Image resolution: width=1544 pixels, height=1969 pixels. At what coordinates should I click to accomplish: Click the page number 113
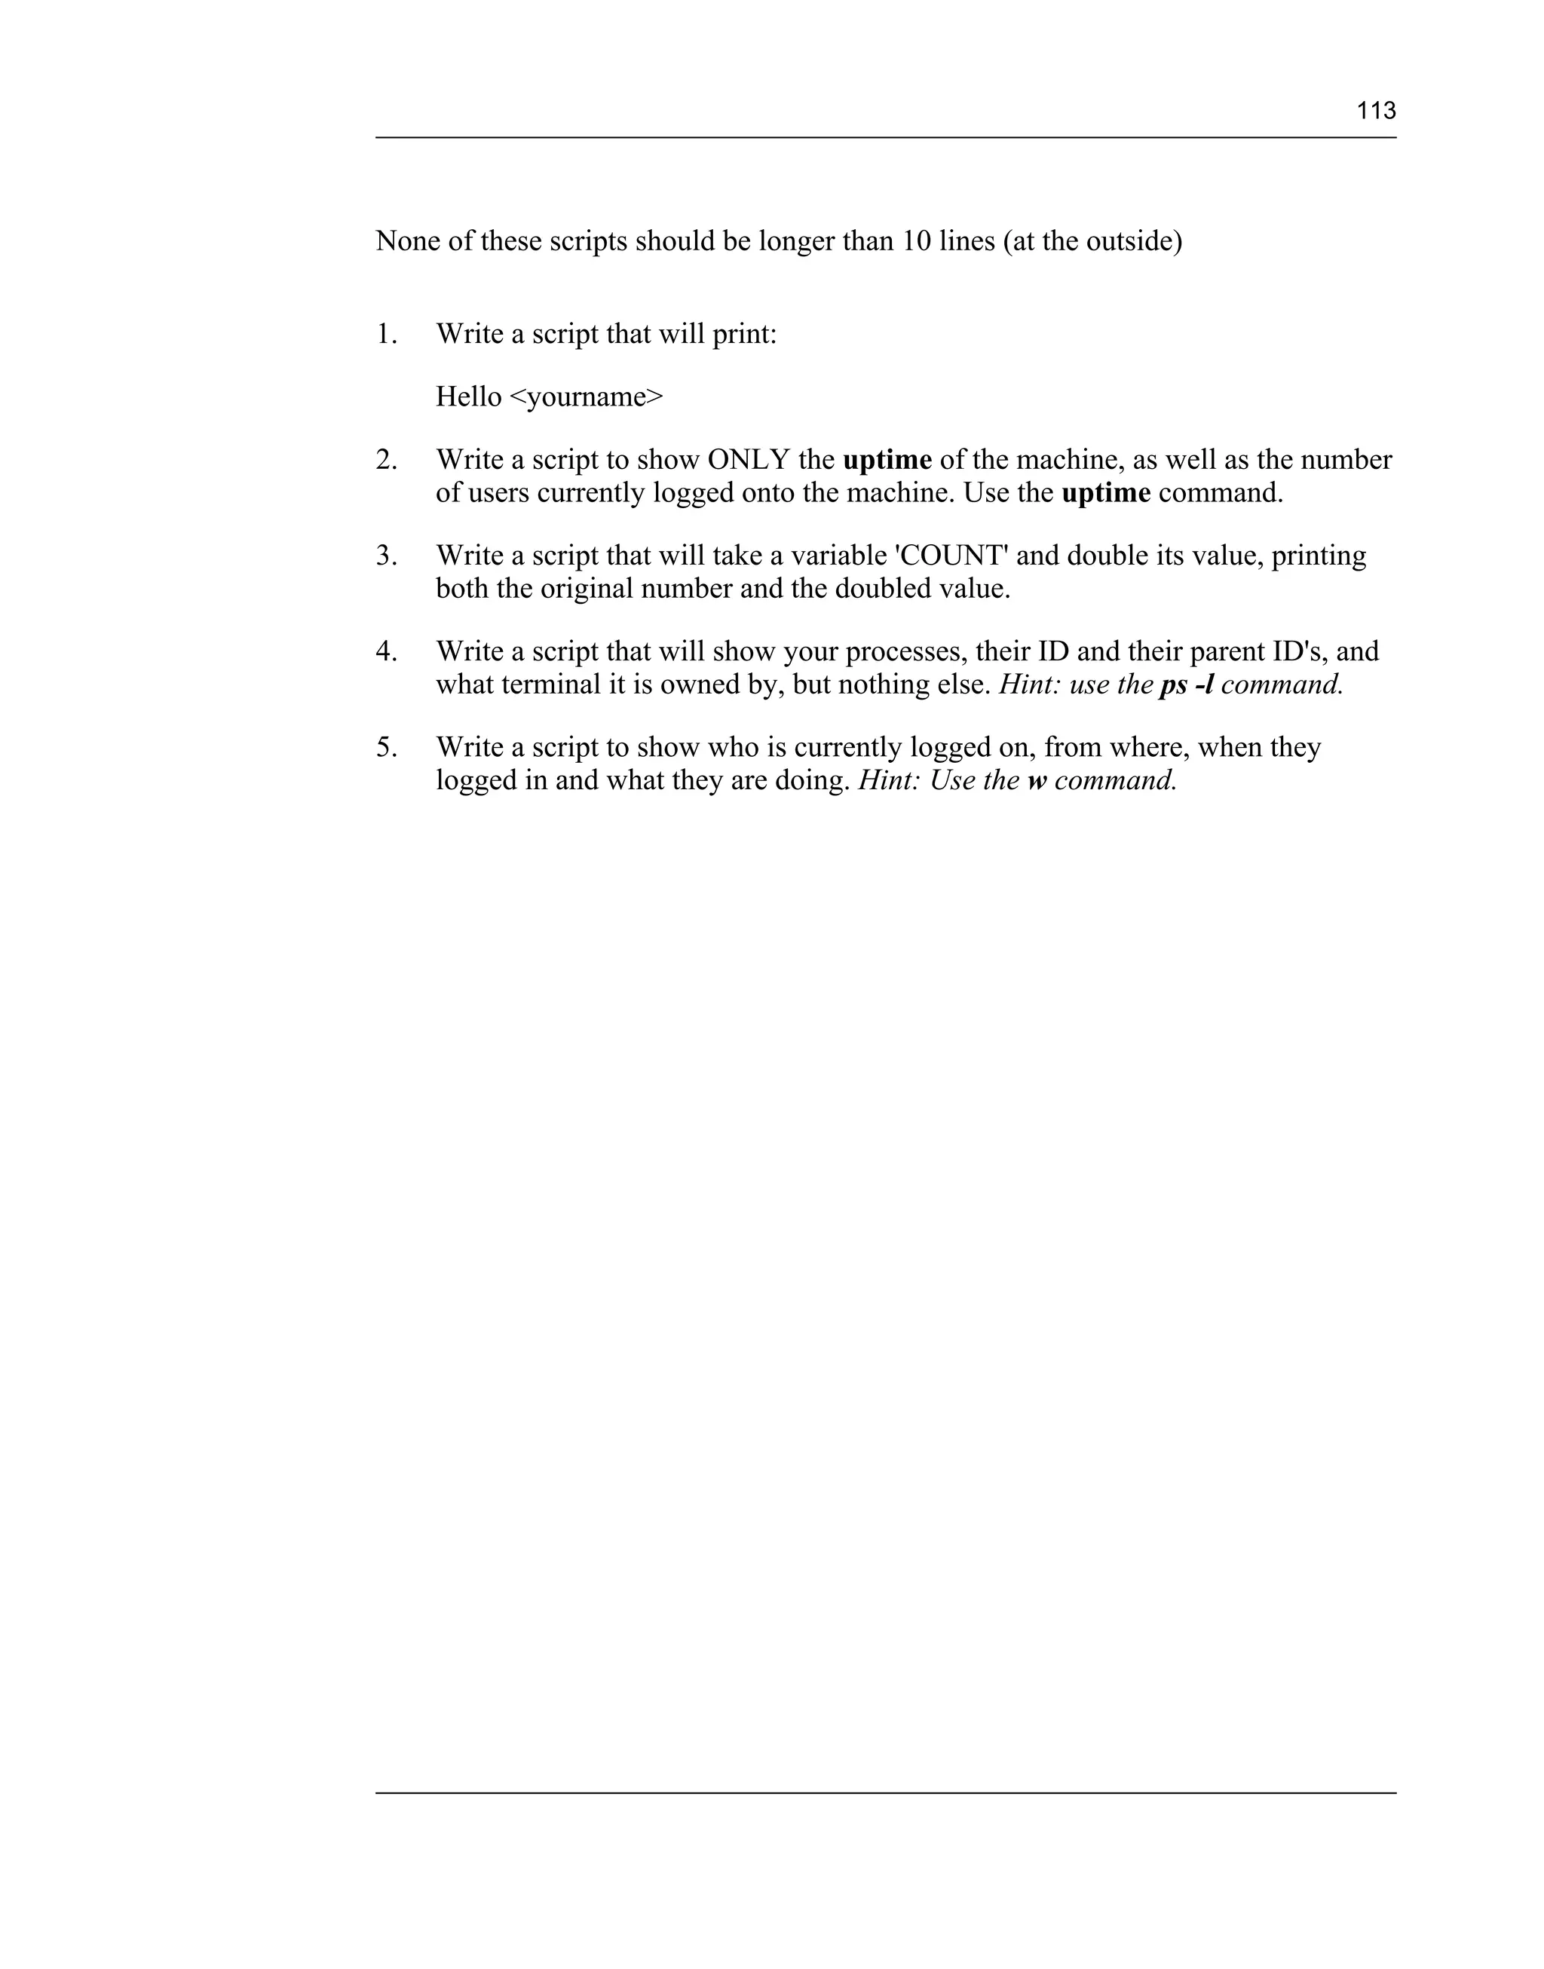[1376, 111]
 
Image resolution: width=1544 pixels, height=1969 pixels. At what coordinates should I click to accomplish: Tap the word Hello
[468, 397]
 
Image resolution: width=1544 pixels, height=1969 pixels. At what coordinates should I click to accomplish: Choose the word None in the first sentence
[408, 241]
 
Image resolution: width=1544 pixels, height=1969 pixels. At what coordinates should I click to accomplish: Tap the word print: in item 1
[745, 335]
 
